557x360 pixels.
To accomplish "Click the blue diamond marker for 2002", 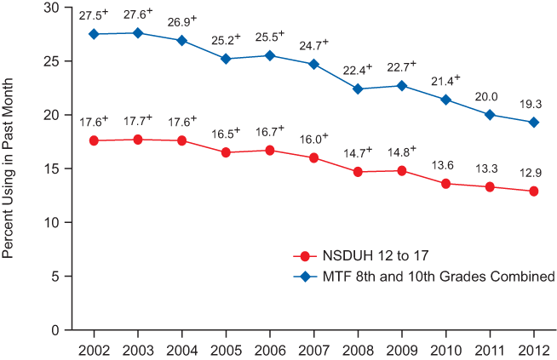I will click(x=93, y=34).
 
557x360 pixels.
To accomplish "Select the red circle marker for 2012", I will click(x=534, y=191).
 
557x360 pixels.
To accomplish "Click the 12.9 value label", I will click(x=532, y=174).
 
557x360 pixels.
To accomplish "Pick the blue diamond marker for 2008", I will click(x=358, y=89).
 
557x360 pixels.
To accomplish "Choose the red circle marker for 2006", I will click(x=269, y=150).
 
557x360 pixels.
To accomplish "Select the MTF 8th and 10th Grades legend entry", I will click(x=426, y=276).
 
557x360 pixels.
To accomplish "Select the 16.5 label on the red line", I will click(x=225, y=134).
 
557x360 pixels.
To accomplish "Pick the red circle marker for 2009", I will click(x=402, y=170).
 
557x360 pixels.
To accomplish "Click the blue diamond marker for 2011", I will click(x=490, y=114).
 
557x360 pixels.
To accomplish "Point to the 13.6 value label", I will click(x=445, y=166).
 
